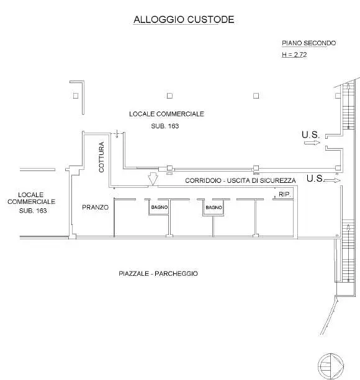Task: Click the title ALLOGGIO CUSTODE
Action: pyautogui.click(x=184, y=20)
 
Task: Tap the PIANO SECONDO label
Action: pyautogui.click(x=309, y=43)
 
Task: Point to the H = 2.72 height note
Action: pyautogui.click(x=294, y=55)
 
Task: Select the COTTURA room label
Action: pyautogui.click(x=101, y=157)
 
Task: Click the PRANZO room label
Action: pyautogui.click(x=96, y=207)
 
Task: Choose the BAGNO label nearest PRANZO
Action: pyautogui.click(x=160, y=208)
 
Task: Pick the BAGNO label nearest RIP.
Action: pyautogui.click(x=214, y=208)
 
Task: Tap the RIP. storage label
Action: pyautogui.click(x=284, y=194)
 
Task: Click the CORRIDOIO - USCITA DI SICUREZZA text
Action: pyautogui.click(x=240, y=180)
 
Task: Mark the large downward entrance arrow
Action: pyautogui.click(x=153, y=179)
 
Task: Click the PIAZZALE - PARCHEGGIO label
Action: pyautogui.click(x=158, y=273)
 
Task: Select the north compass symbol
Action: pyautogui.click(x=331, y=366)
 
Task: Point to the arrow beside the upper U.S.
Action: pyautogui.click(x=312, y=143)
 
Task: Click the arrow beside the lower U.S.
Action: pyautogui.click(x=332, y=180)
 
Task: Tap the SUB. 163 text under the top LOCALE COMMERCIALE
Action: pyautogui.click(x=165, y=126)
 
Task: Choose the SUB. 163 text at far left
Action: pyautogui.click(x=33, y=211)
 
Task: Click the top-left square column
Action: pyautogui.click(x=76, y=95)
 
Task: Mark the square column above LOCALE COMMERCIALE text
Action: pyautogui.click(x=170, y=95)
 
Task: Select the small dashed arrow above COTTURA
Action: pyautogui.click(x=117, y=134)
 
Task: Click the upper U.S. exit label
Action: pyautogui.click(x=311, y=135)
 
